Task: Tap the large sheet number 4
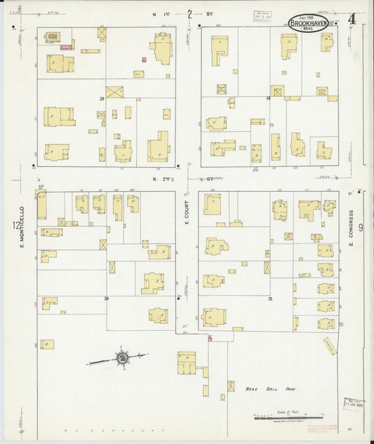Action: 351,18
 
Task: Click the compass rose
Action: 122,358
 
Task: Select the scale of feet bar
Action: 288,417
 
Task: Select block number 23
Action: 102,98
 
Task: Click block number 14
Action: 268,98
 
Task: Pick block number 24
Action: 107,298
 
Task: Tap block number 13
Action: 269,298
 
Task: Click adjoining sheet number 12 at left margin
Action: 15,226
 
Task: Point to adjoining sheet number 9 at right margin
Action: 361,227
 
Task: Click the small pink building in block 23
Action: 145,60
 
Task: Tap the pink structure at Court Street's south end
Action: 209,339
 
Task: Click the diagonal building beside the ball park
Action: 330,346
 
